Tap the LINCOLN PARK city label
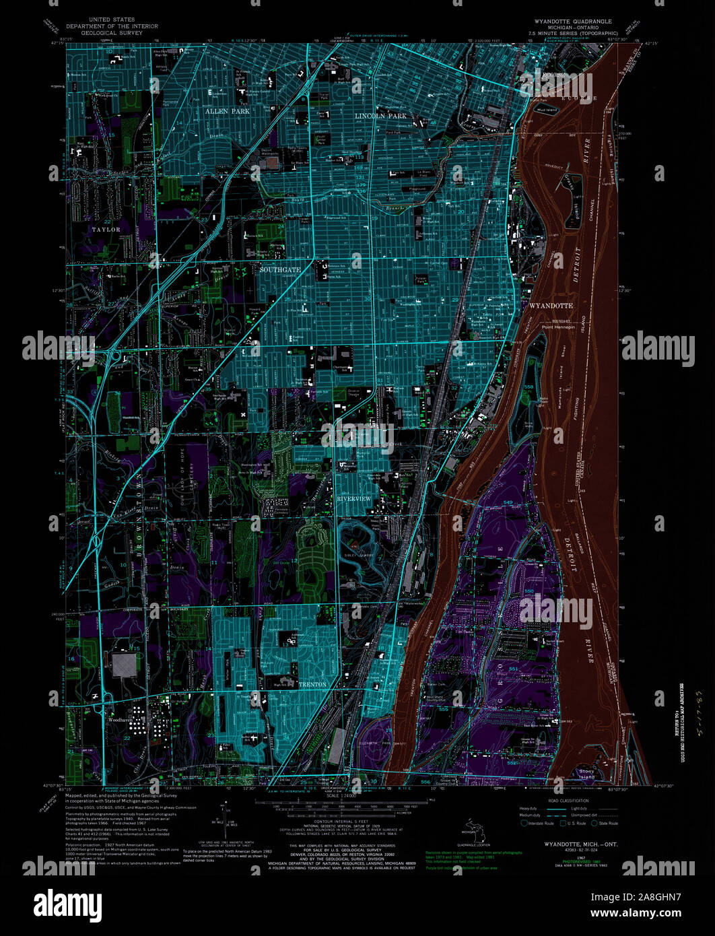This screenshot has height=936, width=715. pos(381,116)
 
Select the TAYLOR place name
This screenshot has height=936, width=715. pos(106,230)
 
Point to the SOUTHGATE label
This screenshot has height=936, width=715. pos(280,269)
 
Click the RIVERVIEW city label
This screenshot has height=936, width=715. pos(353,498)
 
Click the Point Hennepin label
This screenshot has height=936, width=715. pos(559,327)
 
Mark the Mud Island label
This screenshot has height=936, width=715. pos(547,109)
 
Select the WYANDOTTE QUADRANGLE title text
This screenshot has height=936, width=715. pos(569,22)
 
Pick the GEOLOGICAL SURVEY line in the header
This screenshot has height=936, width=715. pos(111,32)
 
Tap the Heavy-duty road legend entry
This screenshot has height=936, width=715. pos(530,808)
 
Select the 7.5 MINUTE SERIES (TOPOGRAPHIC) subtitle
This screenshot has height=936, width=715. pos(572,32)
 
